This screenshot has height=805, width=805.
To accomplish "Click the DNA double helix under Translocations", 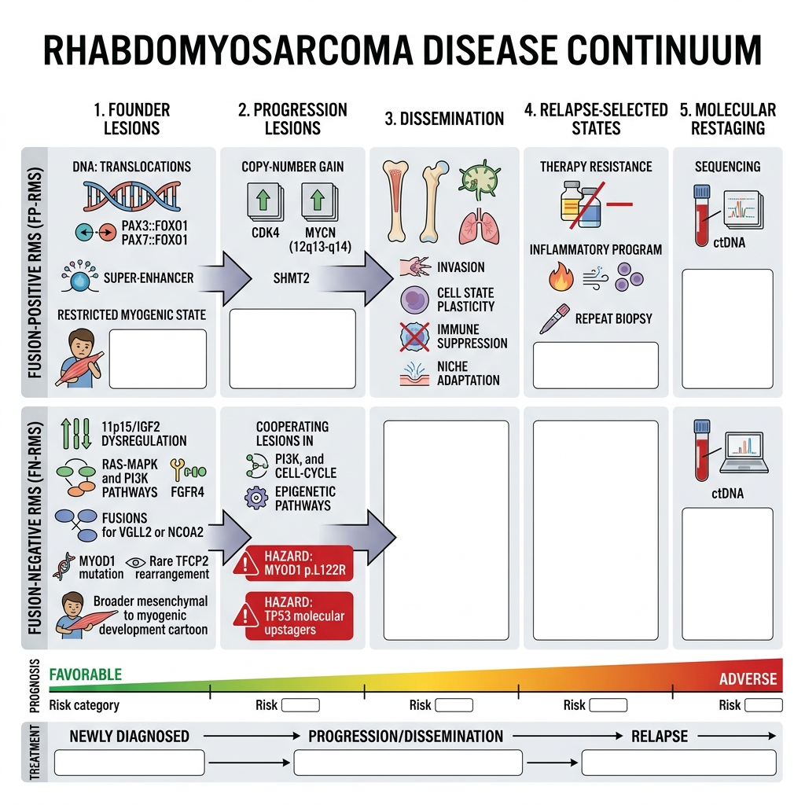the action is tap(132, 197).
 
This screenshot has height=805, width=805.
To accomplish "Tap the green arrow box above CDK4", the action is tap(265, 201).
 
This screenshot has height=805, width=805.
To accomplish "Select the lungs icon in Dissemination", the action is tap(480, 226).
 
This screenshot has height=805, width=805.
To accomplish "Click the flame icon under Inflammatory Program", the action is tap(561, 277).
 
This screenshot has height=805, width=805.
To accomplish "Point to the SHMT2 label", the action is tap(291, 278).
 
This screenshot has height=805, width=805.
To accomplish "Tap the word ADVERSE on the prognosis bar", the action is tap(748, 678).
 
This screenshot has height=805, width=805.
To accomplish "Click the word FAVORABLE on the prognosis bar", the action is tap(85, 674).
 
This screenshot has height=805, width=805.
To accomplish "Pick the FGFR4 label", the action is tap(187, 492).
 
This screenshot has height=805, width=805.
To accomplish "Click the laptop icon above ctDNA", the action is tap(744, 452).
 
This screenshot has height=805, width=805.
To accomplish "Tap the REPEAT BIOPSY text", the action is tap(613, 319).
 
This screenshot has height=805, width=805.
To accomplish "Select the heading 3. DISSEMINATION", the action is tap(445, 119).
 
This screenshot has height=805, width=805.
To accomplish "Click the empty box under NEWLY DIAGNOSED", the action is tap(130, 763).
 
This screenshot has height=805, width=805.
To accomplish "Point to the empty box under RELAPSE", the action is tap(678, 763).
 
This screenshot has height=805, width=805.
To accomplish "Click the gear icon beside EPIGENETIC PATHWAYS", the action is tap(256, 498).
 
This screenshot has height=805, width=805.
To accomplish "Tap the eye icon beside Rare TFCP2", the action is tap(135, 562).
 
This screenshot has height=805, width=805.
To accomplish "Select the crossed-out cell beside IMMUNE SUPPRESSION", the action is tap(414, 336).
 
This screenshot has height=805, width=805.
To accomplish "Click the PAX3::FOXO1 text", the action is tap(155, 226).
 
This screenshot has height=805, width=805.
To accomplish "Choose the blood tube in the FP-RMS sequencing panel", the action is tap(701, 215).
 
